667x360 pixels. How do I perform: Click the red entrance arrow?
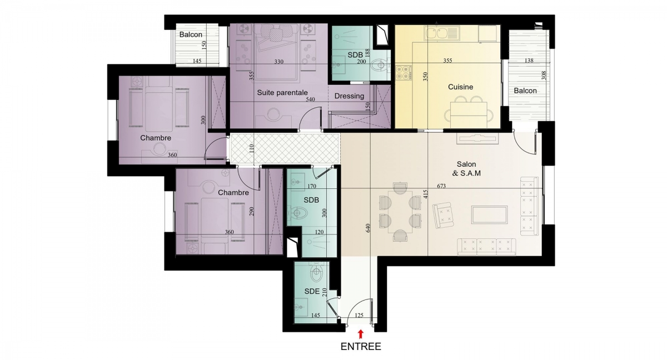(x=361, y=334)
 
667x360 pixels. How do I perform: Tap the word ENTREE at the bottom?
(x=361, y=347)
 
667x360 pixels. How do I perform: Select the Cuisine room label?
(x=461, y=87)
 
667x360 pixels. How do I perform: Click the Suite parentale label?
(x=282, y=93)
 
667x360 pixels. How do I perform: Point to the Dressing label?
(x=349, y=96)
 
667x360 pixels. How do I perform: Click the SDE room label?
(x=312, y=292)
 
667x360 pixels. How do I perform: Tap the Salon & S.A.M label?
(x=466, y=169)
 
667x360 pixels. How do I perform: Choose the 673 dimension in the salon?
(x=441, y=186)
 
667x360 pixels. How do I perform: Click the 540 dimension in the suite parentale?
(x=310, y=99)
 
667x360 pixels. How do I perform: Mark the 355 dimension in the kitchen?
(x=447, y=61)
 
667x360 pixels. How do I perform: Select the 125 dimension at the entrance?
(x=359, y=316)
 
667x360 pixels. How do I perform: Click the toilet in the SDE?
(x=316, y=273)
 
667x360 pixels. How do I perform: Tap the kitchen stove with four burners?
(x=403, y=73)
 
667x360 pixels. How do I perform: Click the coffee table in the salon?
(x=490, y=215)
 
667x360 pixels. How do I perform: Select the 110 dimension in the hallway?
(x=252, y=149)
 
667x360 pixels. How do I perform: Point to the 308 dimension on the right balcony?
(x=544, y=75)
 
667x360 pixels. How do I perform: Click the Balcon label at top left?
(x=191, y=34)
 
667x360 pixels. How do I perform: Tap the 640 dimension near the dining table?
(x=368, y=228)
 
